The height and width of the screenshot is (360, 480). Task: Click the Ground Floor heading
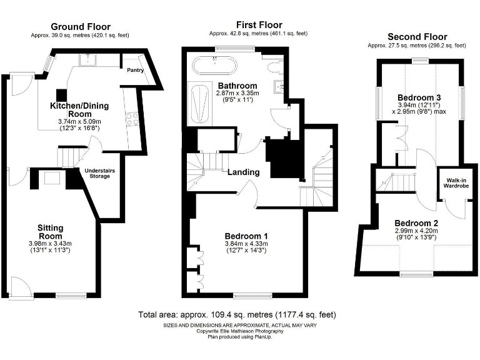point(80,26)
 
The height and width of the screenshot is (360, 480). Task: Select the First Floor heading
point(258,24)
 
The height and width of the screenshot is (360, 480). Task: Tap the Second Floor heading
point(416,36)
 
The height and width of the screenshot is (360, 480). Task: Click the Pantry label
point(136,70)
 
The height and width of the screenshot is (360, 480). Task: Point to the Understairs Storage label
point(96,173)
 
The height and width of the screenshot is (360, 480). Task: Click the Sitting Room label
point(50,232)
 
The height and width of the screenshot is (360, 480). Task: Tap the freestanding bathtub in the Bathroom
point(215,65)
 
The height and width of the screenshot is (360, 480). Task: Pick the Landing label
point(243,172)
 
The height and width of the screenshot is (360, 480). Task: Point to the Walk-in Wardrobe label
point(454,182)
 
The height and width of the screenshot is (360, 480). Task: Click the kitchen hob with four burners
point(132,119)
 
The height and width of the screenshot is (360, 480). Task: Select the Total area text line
point(241,314)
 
